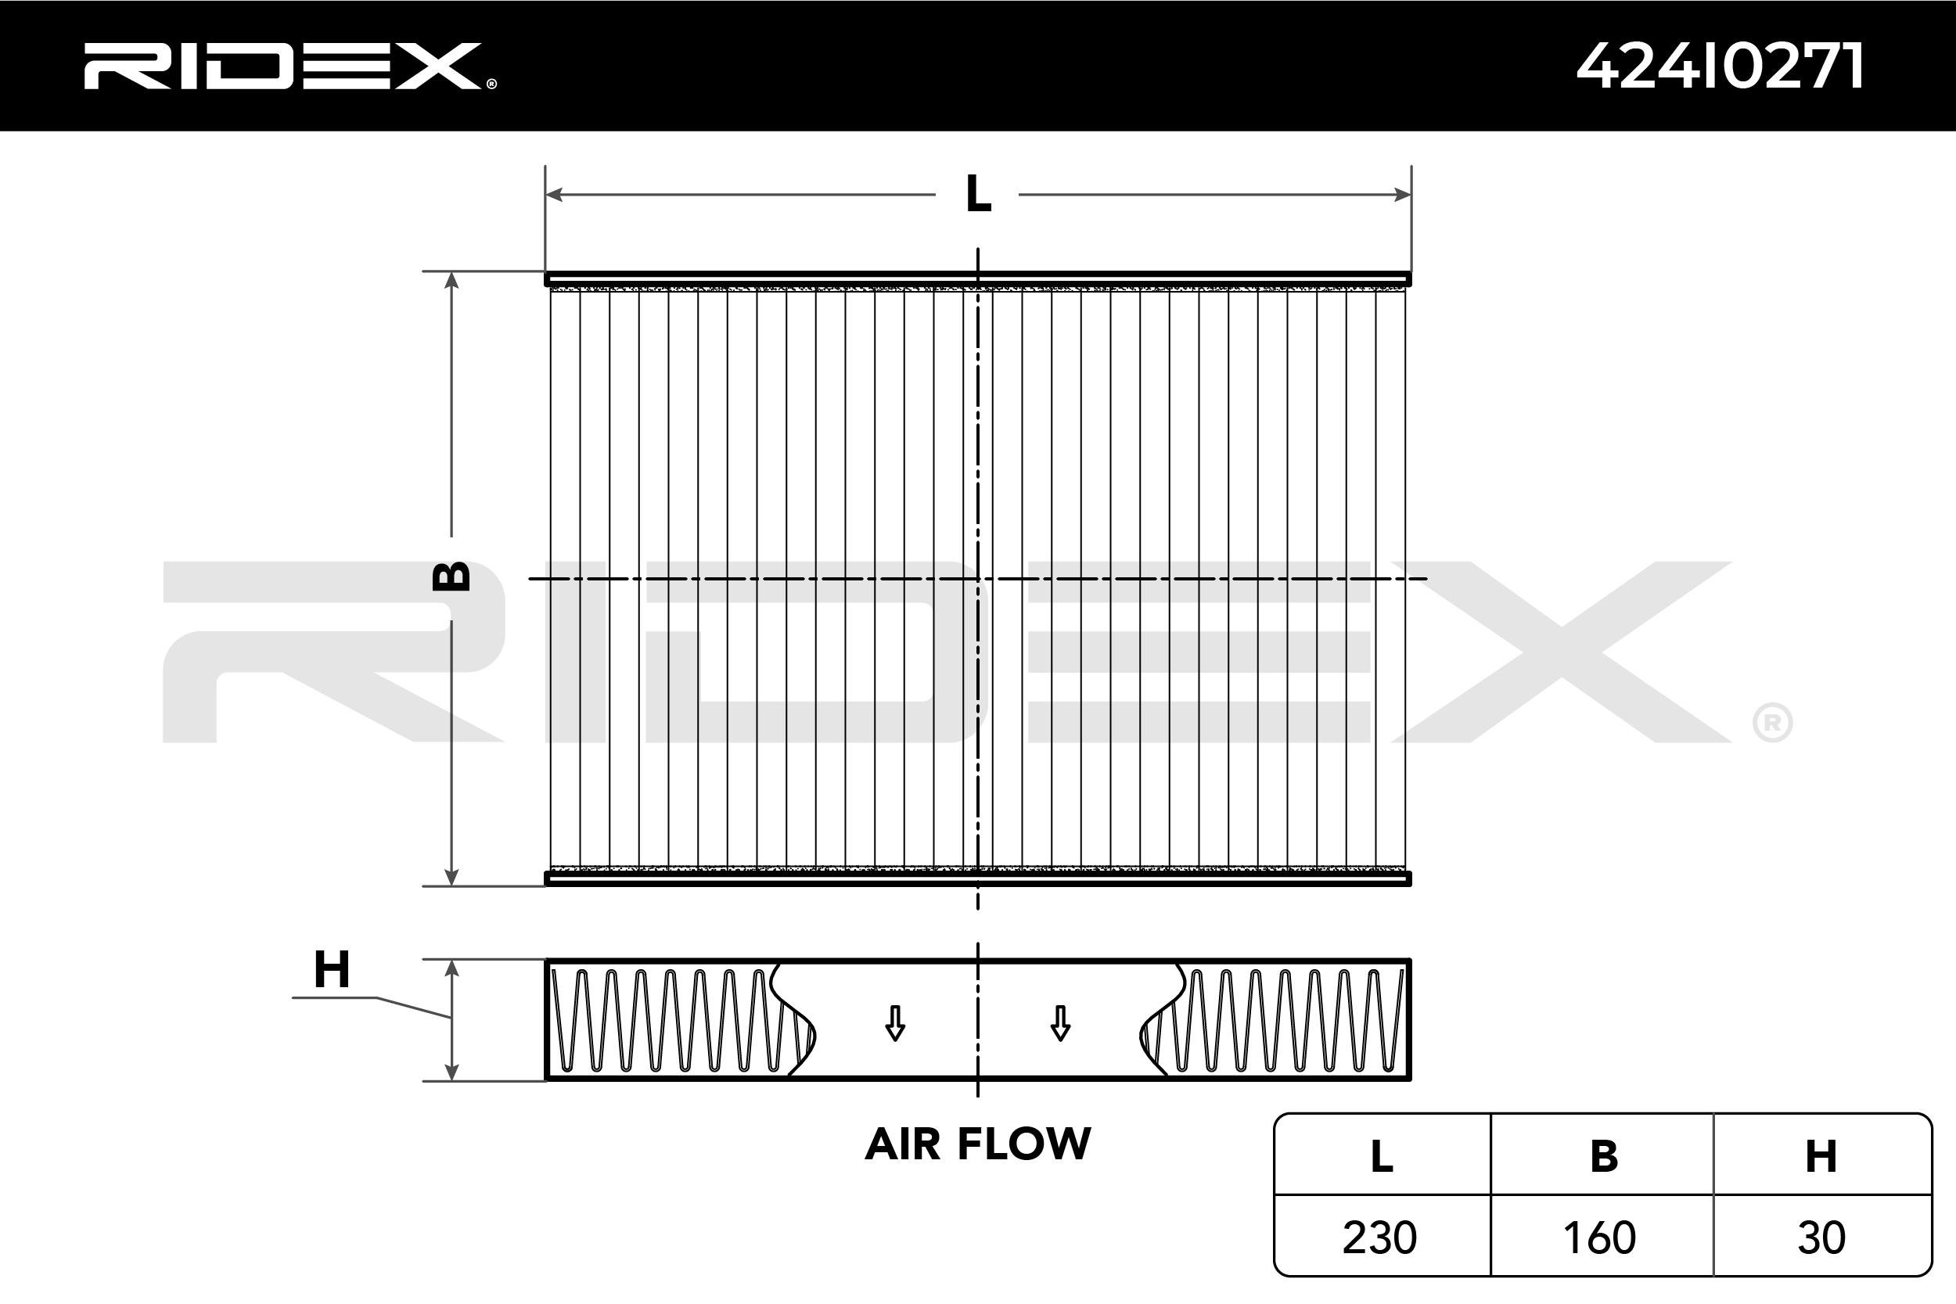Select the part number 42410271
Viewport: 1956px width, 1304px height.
click(1719, 66)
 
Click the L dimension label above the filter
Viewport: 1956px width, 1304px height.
click(978, 195)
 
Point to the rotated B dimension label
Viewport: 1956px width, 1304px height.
click(451, 577)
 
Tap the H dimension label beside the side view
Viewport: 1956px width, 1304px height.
click(332, 969)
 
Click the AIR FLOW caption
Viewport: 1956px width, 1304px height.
click(978, 1144)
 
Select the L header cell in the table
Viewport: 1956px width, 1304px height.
click(1382, 1156)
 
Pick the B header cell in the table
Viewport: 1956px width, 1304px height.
click(1603, 1156)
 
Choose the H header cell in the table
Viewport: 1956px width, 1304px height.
click(1821, 1156)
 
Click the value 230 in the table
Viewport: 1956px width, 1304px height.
click(1379, 1238)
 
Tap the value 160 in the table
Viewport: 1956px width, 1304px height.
click(1599, 1238)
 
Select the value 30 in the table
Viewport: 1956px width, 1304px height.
click(1821, 1238)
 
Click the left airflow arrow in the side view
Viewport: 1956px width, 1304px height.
click(895, 1023)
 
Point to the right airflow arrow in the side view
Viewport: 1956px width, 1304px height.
click(1060, 1023)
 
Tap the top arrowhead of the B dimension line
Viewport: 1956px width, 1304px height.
click(451, 280)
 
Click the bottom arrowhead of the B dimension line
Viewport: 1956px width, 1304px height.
click(451, 878)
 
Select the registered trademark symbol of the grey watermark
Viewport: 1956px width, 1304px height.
click(1772, 723)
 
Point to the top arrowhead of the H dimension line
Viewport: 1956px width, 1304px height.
click(451, 968)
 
